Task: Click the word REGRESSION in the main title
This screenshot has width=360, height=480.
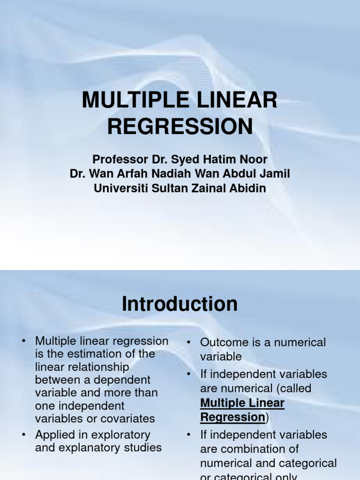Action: [180, 127]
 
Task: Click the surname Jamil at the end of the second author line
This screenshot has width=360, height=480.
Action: [275, 174]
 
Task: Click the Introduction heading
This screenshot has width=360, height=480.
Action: [180, 304]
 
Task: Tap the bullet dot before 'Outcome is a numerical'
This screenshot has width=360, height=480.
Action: [188, 343]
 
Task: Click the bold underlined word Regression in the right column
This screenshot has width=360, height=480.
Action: [232, 417]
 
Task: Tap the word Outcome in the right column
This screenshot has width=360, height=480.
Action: [220, 343]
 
